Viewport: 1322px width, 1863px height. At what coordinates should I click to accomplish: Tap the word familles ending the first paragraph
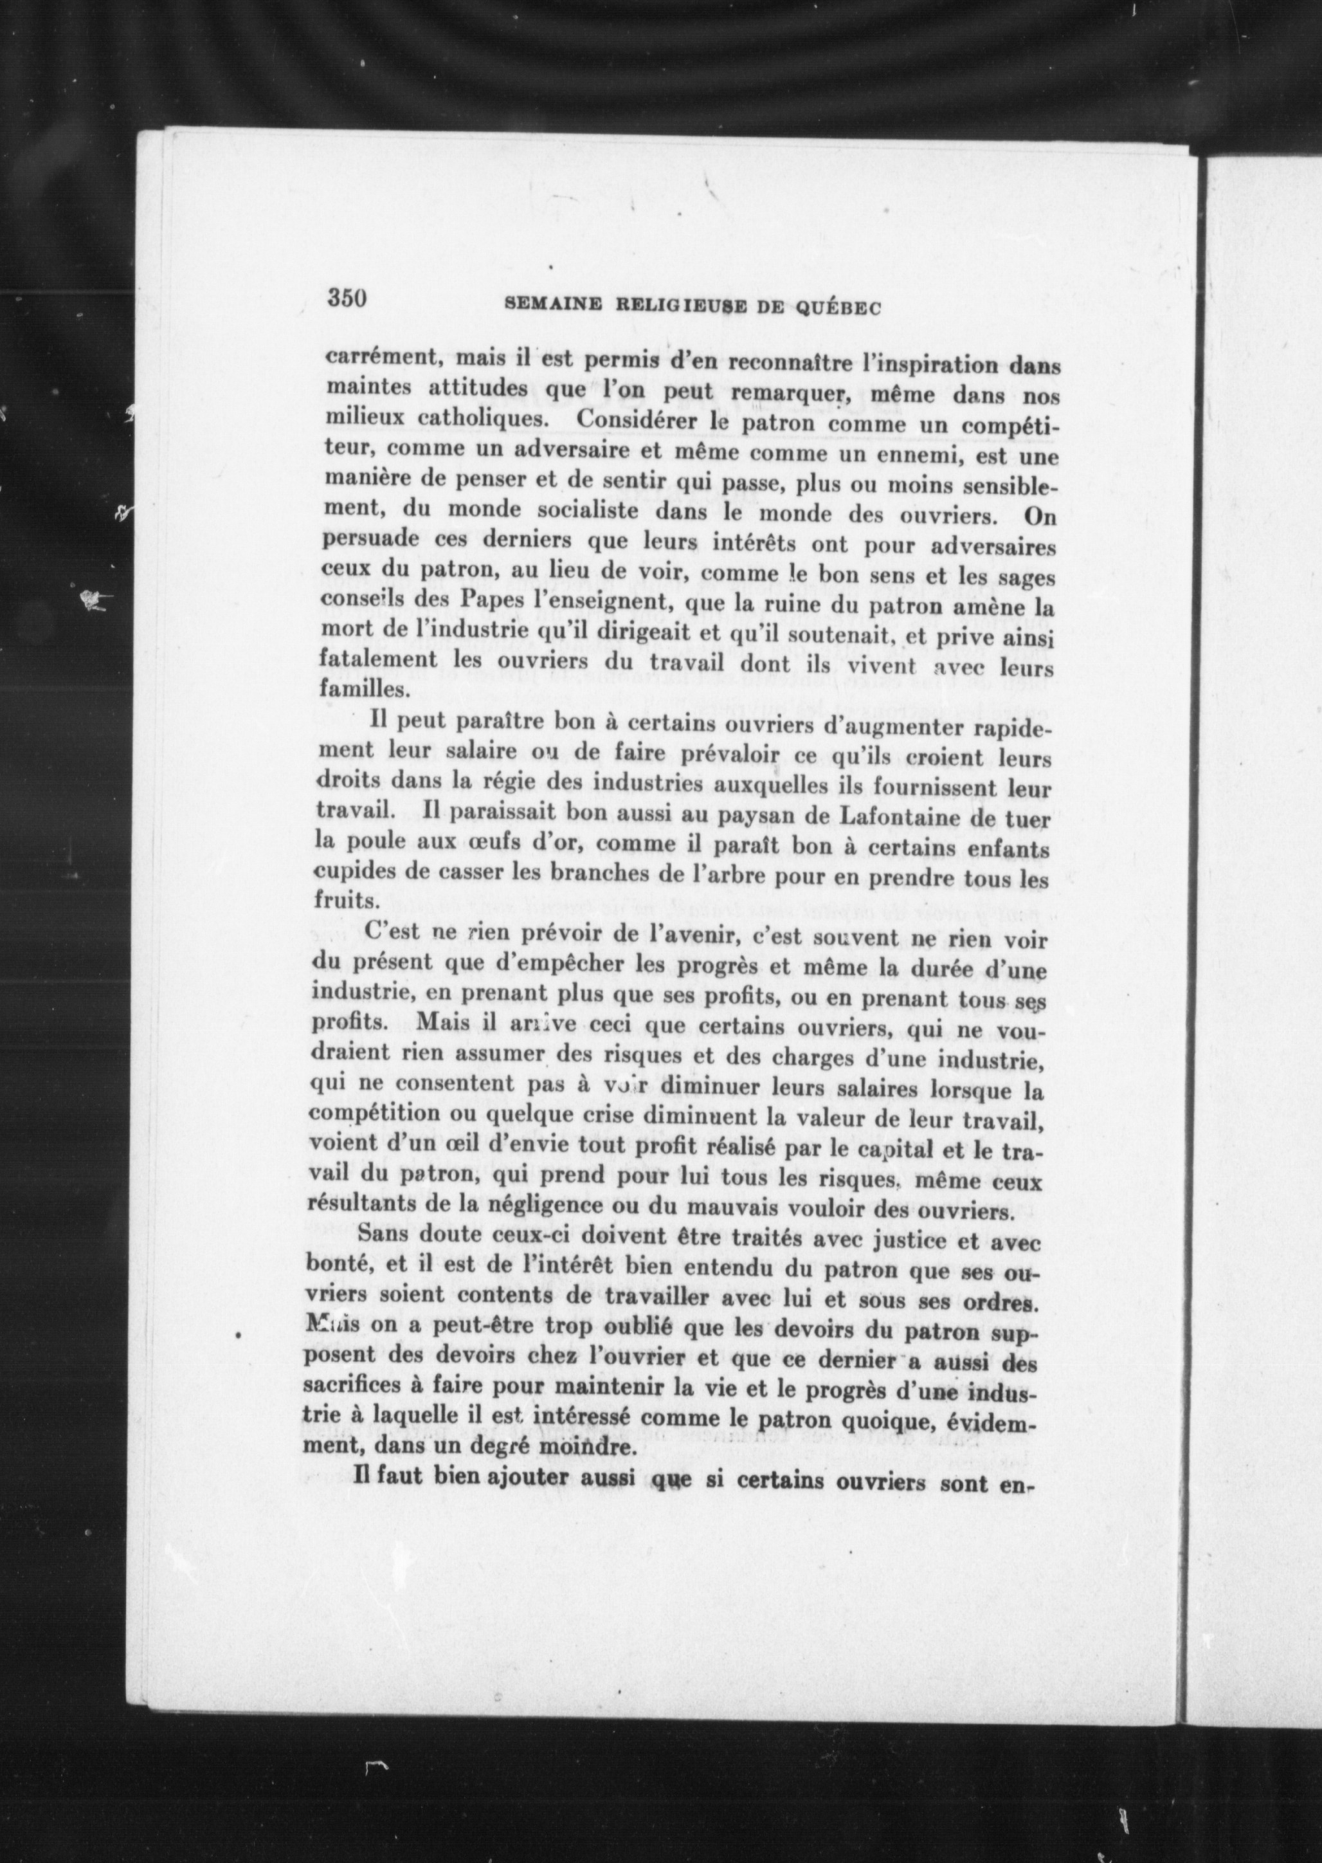pyautogui.click(x=362, y=689)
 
